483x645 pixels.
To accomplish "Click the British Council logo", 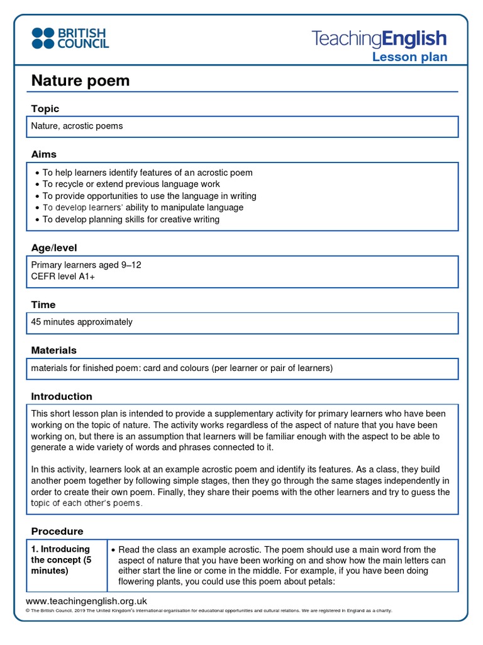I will click(70, 38).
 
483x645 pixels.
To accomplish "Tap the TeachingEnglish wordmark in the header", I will click(379, 39).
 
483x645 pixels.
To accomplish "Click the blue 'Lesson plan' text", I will click(409, 57).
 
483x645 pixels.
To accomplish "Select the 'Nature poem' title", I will click(80, 81).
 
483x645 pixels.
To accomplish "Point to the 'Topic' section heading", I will click(45, 109).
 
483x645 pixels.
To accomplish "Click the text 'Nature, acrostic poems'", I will click(77, 126).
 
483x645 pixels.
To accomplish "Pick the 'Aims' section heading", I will click(44, 154).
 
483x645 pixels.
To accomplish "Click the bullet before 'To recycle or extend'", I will click(37, 185).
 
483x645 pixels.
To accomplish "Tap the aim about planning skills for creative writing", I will click(131, 219).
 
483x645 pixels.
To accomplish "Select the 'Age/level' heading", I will click(54, 248).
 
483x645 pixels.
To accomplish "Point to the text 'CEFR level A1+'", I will click(63, 276).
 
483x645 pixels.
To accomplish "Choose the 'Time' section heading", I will click(43, 304).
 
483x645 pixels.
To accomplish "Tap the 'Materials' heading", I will click(54, 350).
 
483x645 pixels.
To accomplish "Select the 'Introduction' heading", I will click(62, 396).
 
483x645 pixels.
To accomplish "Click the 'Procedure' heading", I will click(57, 531).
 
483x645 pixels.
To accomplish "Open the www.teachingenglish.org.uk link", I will click(86, 601).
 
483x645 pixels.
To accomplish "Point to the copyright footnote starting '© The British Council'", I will click(208, 611).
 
